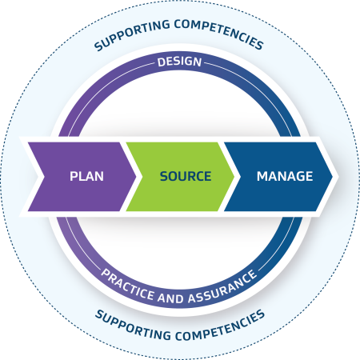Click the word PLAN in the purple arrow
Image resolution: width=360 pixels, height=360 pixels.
coord(87,176)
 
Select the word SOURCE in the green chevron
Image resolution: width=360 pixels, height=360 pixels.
coord(185,176)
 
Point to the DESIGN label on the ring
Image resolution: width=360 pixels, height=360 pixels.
coord(180,62)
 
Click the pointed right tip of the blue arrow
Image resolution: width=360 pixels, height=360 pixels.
coord(336,175)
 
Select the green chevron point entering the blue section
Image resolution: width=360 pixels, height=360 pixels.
coord(234,175)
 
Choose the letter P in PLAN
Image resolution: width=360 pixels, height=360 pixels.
coord(74,176)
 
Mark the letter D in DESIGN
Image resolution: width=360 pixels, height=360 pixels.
coord(160,62)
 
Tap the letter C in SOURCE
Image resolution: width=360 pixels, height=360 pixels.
coord(200,176)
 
